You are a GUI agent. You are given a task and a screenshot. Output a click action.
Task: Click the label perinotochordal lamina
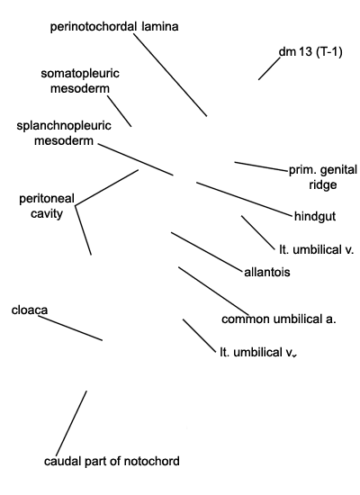114,26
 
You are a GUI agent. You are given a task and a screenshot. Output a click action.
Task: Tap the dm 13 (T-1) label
310,52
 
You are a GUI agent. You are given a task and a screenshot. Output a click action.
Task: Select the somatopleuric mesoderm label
80,81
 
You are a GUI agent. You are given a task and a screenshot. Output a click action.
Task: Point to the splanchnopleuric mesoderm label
64,133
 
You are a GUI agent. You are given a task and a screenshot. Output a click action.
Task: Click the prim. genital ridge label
323,177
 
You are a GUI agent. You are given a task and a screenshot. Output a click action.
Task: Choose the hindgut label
315,217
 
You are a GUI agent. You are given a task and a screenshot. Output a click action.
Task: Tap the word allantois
267,272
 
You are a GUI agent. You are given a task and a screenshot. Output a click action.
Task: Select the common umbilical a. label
279,319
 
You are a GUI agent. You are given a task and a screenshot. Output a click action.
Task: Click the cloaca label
30,310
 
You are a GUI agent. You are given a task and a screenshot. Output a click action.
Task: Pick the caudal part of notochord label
112,461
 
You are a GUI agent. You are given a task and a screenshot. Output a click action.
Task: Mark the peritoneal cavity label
47,206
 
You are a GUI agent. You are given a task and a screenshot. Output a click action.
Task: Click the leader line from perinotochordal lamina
170,75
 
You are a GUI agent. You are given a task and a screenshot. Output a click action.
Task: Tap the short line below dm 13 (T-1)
269,68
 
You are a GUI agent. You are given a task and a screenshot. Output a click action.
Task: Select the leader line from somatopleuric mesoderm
120,111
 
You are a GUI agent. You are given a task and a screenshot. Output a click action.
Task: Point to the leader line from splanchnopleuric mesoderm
136,159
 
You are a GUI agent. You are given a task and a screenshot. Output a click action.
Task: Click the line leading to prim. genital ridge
262,166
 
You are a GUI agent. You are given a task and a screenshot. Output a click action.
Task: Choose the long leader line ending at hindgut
245,199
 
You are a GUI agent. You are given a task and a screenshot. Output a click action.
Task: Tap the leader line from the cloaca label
70,328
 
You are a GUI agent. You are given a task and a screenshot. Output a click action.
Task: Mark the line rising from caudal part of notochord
71,423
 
